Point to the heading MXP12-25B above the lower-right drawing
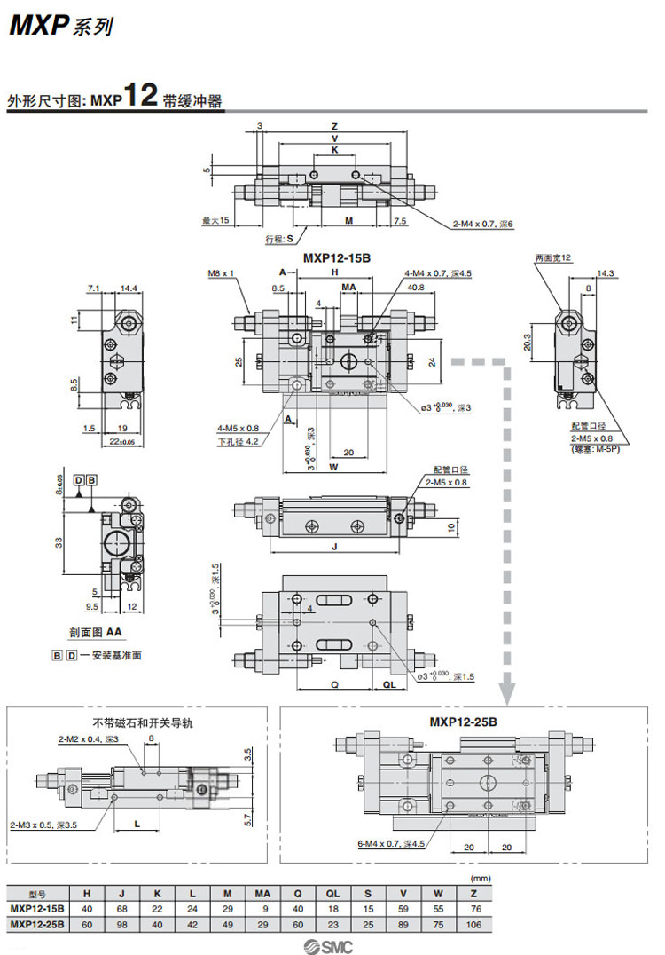464,722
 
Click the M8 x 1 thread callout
221,273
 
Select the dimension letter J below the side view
334,548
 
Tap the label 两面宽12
555,257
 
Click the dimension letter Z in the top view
334,126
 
